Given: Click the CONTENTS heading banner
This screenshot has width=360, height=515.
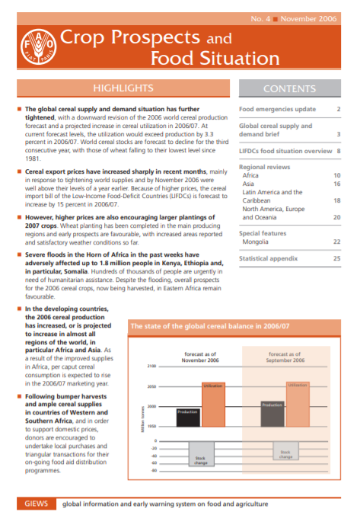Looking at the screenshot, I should coord(289,89).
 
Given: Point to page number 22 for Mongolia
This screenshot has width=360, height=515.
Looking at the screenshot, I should coord(335,242).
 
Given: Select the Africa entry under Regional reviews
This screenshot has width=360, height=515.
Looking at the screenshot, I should coord(252,175).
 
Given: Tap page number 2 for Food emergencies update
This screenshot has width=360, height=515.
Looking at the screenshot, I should coord(337,110).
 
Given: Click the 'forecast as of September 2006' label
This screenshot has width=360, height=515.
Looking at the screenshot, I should coord(285,355).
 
